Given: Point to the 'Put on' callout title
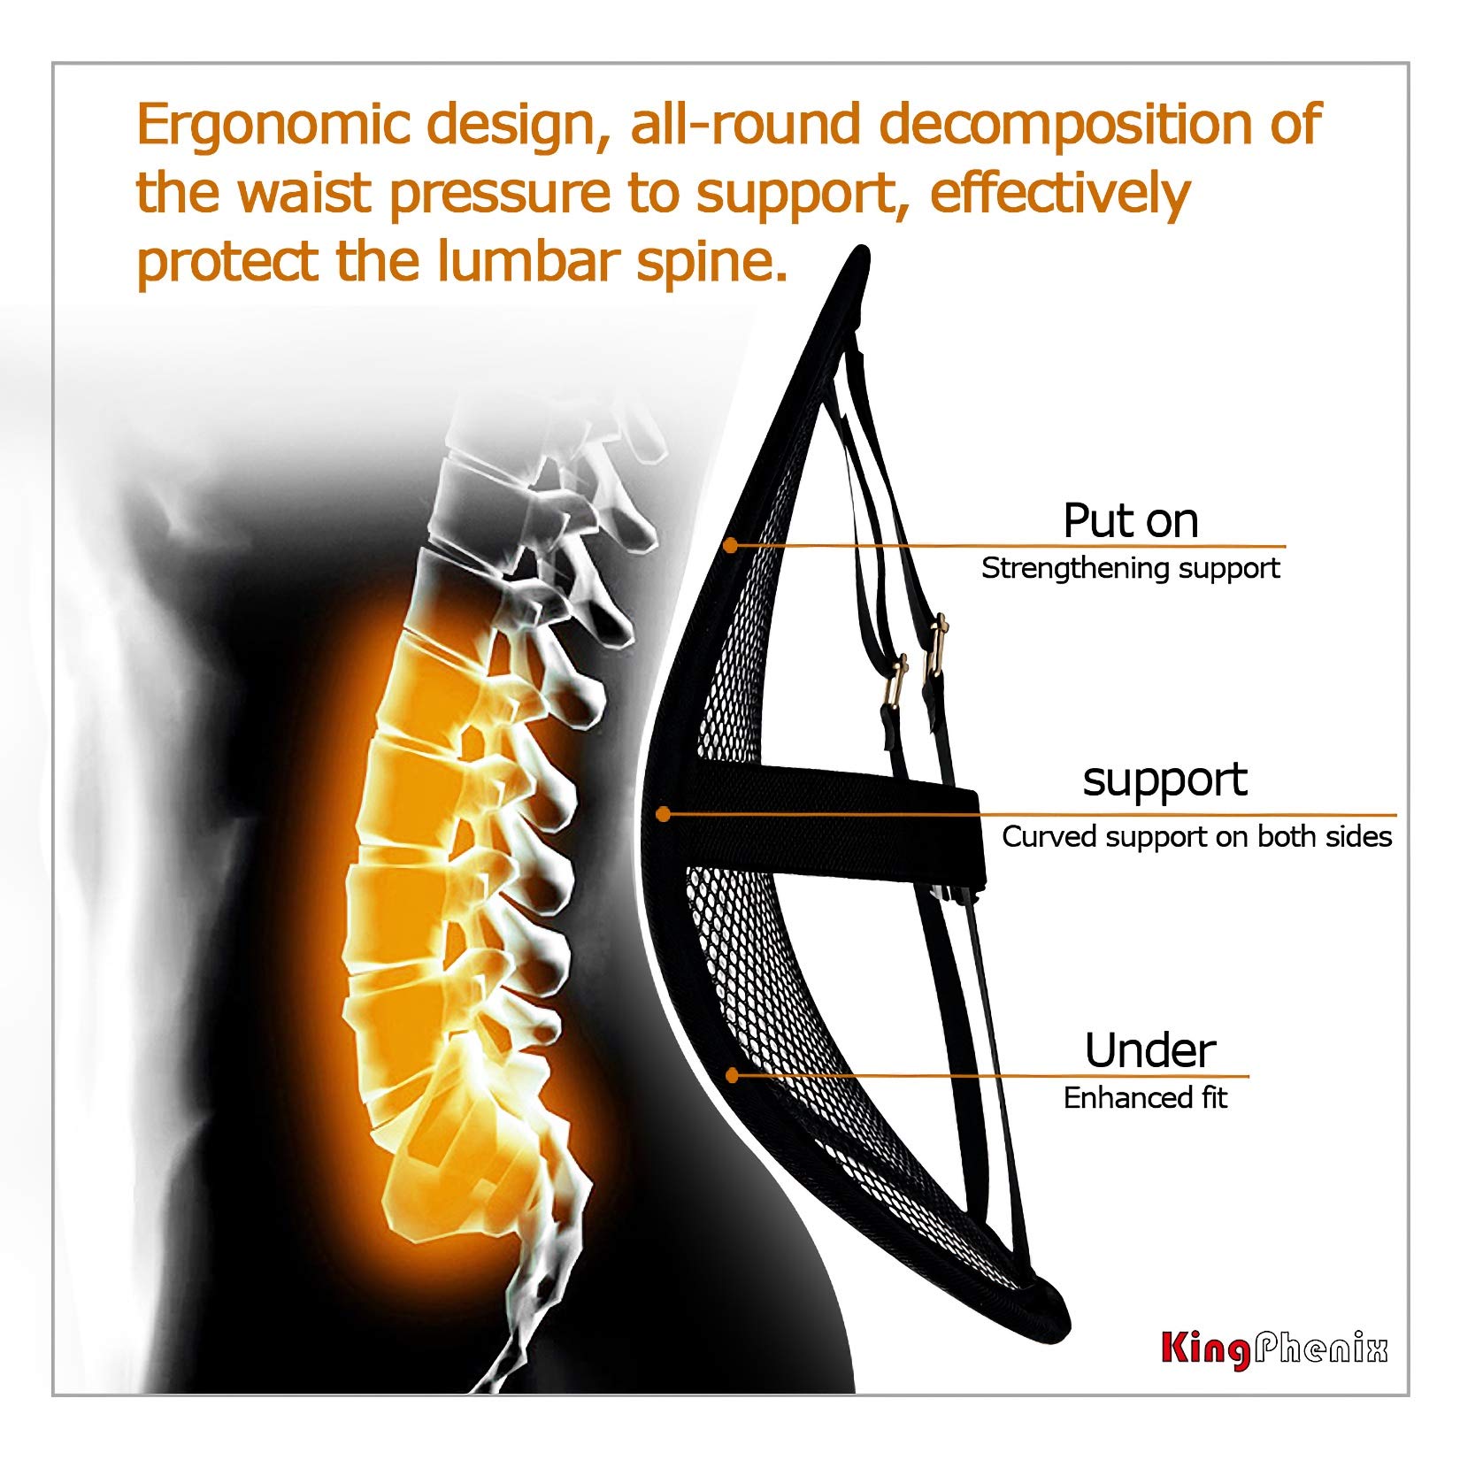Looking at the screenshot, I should click(1130, 520).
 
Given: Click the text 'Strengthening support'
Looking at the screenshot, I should click(1130, 568).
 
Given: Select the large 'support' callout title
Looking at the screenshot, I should click(1164, 780).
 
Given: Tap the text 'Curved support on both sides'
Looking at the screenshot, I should click(1196, 837).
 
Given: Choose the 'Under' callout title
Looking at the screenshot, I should click(1149, 1051).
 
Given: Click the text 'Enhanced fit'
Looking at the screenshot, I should click(1145, 1098).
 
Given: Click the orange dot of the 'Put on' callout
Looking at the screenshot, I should click(730, 546).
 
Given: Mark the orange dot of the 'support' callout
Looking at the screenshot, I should click(664, 814).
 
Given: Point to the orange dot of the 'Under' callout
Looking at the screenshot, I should click(732, 1075).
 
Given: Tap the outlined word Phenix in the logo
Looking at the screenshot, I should click(1320, 1349).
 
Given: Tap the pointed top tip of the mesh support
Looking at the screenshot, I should click(859, 254).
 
